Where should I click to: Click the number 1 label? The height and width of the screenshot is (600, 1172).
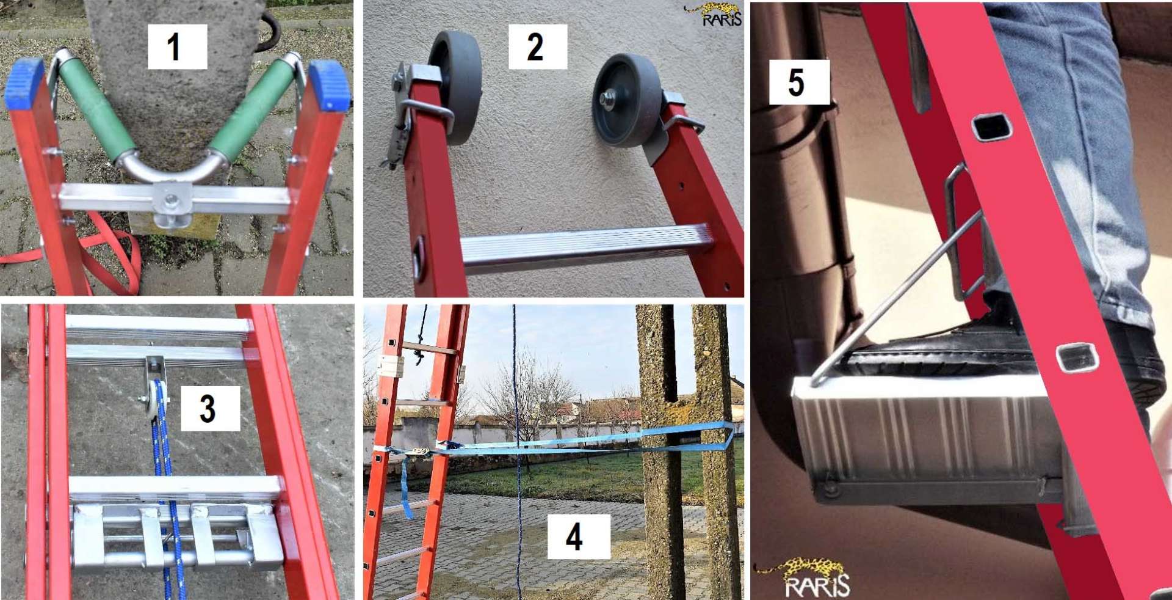point(177,46)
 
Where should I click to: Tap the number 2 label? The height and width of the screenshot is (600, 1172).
point(537,46)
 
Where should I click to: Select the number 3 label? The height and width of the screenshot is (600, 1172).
point(209,408)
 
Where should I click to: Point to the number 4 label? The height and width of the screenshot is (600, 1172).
point(578,536)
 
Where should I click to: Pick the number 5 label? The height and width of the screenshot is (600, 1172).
point(799,82)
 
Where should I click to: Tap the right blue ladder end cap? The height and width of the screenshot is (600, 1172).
point(330,86)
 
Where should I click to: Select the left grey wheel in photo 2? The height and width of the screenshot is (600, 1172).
point(456,87)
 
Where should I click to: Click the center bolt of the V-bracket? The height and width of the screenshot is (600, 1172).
point(172,199)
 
